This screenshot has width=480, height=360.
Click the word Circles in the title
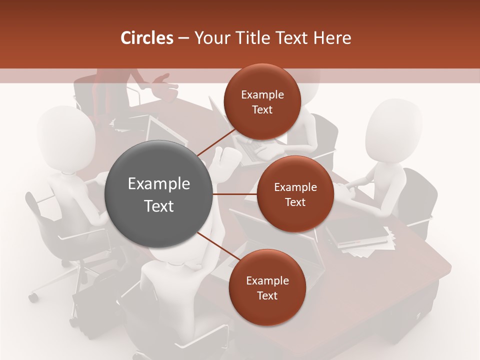click(146, 38)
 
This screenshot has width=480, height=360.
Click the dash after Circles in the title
click(183, 38)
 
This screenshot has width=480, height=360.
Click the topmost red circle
click(262, 101)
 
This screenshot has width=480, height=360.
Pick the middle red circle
click(295, 194)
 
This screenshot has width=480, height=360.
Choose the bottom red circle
click(267, 287)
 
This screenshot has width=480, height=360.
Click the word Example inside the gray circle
click(159, 184)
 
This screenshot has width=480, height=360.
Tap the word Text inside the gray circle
click(159, 206)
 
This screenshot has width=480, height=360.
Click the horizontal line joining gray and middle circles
click(235, 194)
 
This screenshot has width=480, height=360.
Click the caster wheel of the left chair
click(33, 297)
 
